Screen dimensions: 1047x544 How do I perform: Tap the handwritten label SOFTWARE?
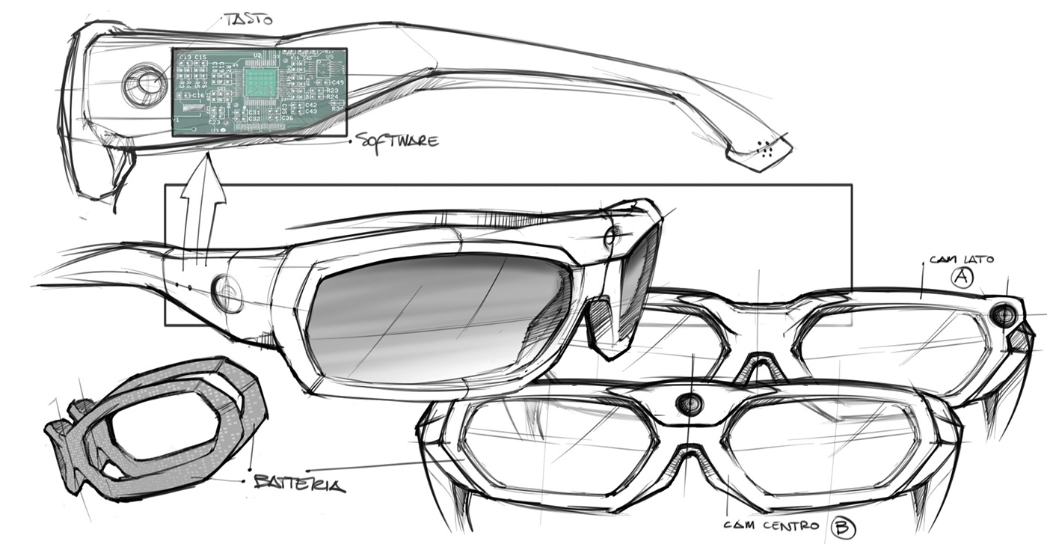(x=396, y=140)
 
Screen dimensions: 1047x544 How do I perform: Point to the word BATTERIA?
(x=299, y=484)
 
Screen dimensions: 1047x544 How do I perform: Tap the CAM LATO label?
(x=961, y=259)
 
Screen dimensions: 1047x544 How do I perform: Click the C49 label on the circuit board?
(x=337, y=82)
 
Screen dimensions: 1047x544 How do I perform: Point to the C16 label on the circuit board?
(x=198, y=96)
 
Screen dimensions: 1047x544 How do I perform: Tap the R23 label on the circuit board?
(x=333, y=90)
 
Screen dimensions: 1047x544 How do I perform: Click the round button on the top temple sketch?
(x=144, y=84)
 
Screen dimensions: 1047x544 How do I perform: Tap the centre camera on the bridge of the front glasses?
(x=689, y=403)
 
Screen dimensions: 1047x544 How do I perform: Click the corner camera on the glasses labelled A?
(x=1004, y=315)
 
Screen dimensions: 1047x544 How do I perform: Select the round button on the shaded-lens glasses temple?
(x=227, y=293)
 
